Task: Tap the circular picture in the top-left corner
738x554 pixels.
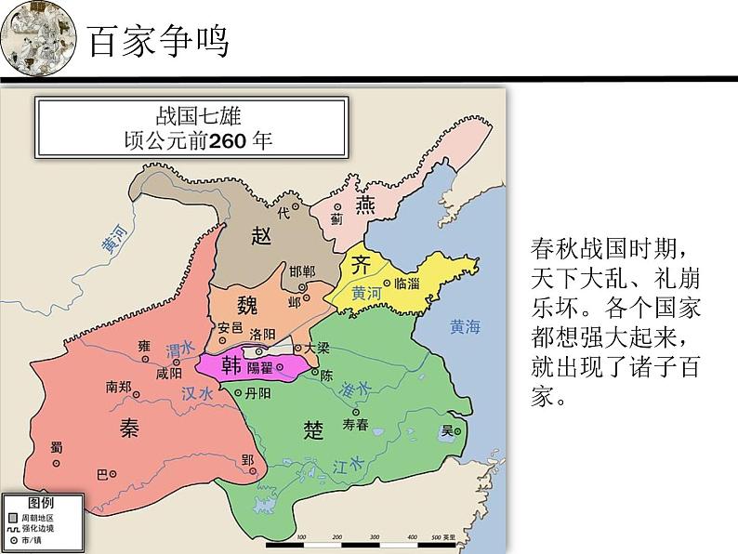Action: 38,40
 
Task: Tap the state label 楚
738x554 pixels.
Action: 313,429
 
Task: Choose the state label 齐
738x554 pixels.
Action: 361,264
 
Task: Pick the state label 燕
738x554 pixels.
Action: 366,205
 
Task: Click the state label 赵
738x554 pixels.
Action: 261,235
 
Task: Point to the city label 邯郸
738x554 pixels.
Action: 302,271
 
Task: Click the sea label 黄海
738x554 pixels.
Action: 464,326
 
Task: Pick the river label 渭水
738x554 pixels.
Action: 178,349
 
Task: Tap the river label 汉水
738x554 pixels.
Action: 197,393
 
